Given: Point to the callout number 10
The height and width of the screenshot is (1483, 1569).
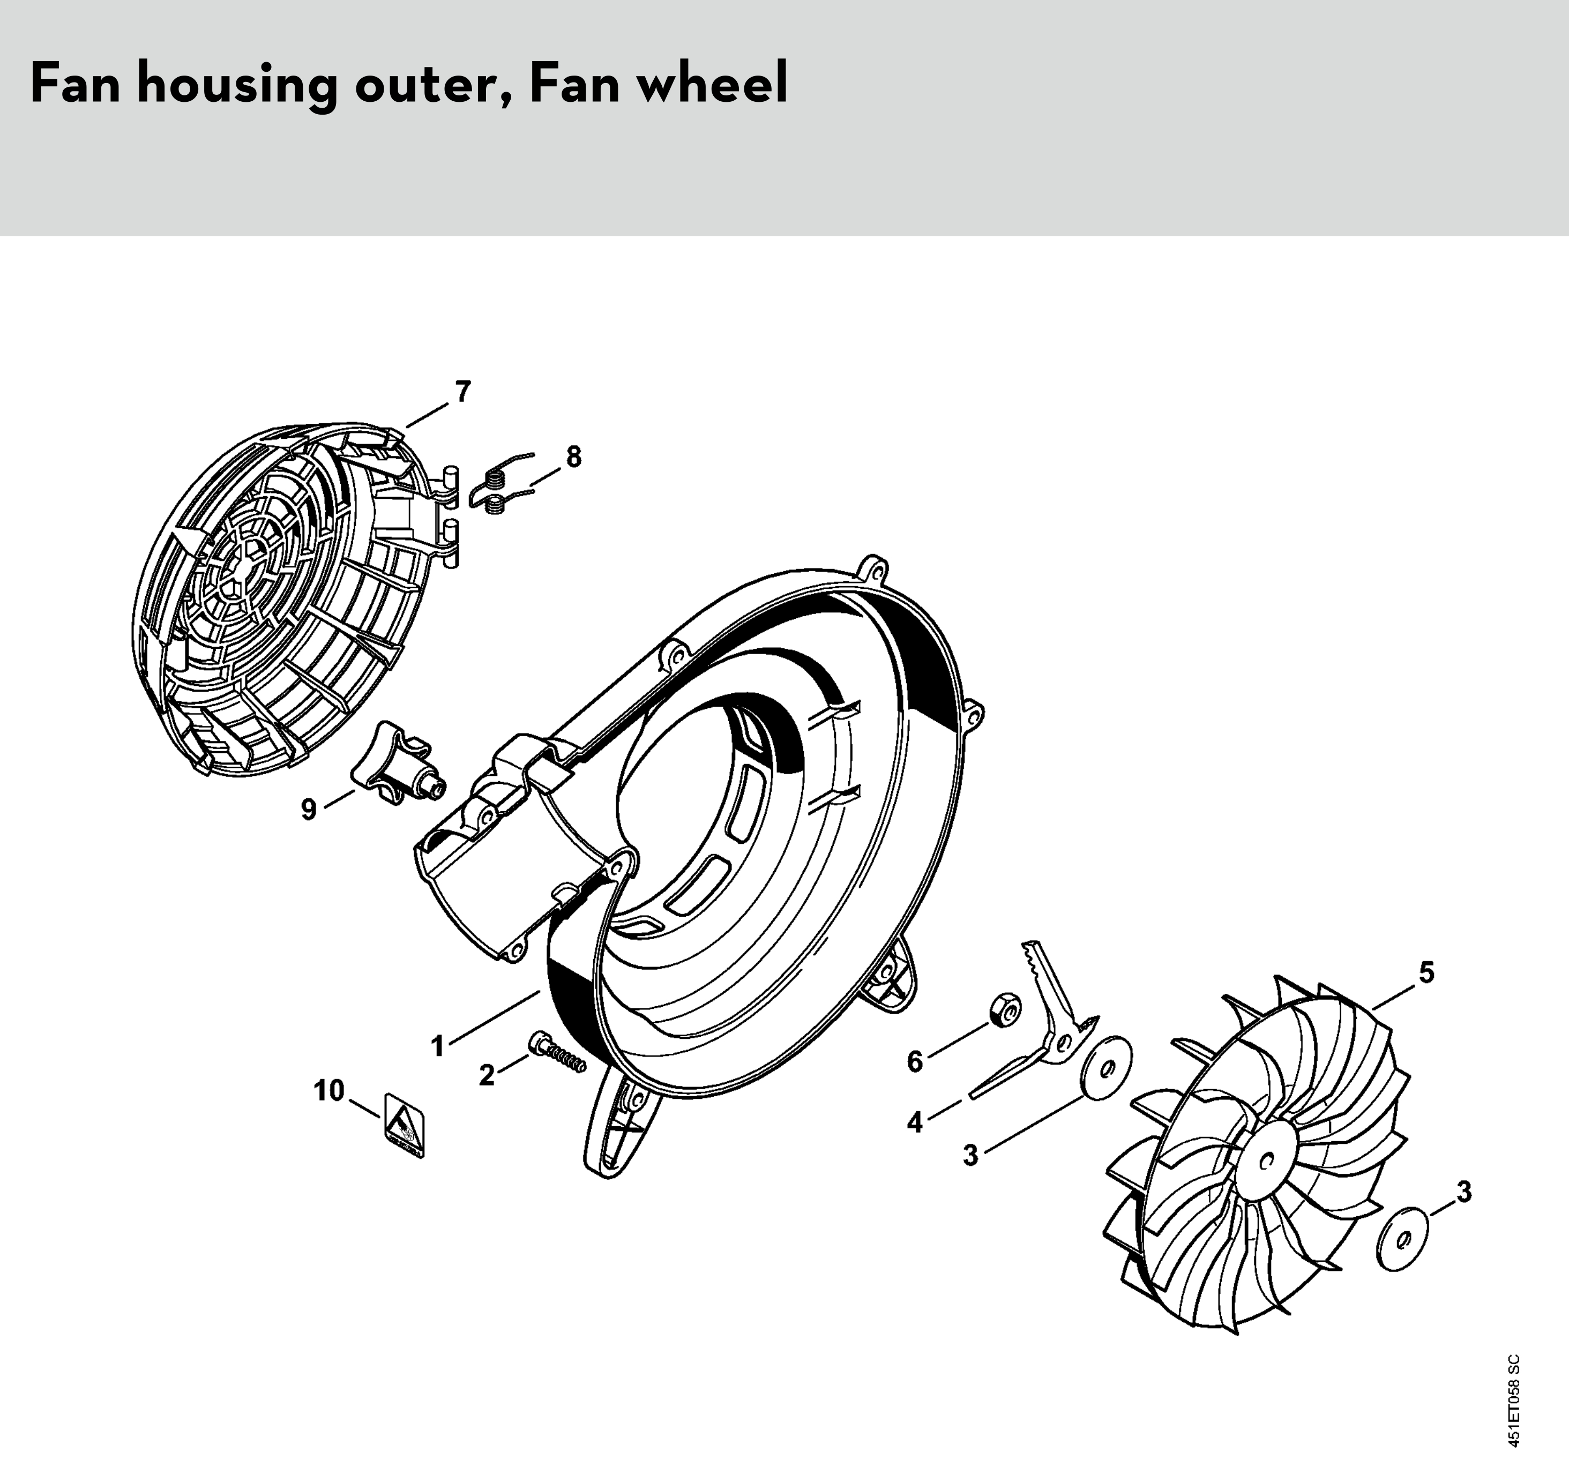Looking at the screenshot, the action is [330, 1091].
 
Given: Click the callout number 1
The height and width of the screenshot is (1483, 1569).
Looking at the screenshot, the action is [437, 1047].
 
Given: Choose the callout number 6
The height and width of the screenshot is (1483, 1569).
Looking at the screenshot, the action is [915, 1062].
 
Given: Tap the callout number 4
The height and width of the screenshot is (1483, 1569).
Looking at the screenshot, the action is [915, 1122].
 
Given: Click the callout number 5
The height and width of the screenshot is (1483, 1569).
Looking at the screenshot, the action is [1426, 972].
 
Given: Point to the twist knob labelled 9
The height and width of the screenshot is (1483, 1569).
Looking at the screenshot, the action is [398, 766].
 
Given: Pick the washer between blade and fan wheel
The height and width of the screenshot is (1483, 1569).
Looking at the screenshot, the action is [1105, 1068].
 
